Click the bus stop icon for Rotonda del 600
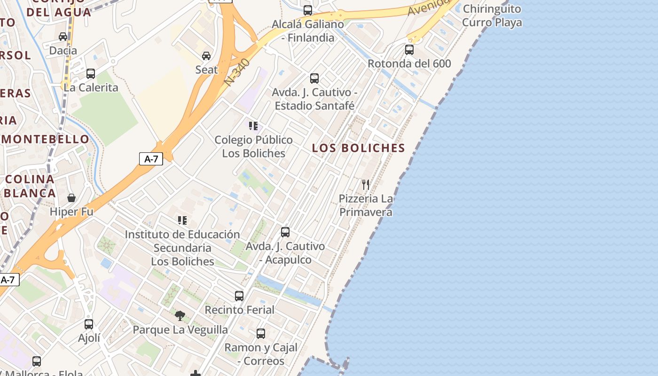409,49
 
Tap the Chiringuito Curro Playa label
492,16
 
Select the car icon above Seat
206,56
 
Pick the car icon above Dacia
63,36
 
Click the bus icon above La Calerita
91,74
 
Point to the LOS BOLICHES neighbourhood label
358,148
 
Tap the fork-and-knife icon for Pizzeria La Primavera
366,184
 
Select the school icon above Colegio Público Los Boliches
253,126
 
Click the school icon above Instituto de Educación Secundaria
182,220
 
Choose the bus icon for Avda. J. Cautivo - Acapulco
285,232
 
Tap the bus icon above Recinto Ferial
239,296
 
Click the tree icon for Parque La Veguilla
180,315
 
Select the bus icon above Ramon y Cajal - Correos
261,334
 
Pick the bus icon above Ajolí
89,324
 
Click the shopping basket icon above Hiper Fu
71,198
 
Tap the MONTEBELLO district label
45,139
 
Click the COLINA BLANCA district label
30,186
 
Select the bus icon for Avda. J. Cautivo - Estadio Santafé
314,78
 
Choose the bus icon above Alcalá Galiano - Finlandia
308,10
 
